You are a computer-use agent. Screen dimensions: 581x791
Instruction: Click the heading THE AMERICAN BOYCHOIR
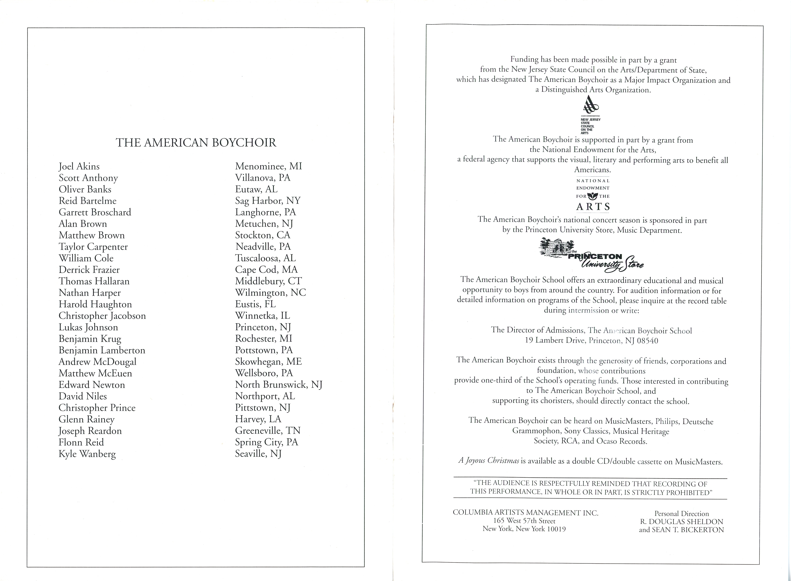coord(196,143)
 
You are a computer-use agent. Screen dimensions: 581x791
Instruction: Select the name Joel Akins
coord(79,166)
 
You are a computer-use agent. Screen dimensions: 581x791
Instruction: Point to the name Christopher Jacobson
coord(102,316)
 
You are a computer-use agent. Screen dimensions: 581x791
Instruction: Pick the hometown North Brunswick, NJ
coord(278,385)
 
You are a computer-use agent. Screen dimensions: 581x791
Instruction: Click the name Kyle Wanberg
coord(87,454)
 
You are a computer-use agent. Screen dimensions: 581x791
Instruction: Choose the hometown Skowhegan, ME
coord(268,362)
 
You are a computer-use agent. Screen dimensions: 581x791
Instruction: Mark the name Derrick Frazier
coord(89,270)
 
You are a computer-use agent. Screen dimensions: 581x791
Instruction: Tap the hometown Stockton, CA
coord(263,235)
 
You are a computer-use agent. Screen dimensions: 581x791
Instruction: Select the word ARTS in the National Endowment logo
coord(593,206)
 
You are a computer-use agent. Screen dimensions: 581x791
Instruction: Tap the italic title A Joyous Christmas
coord(489,461)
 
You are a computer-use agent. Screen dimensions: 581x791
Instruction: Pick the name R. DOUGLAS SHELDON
coord(681,522)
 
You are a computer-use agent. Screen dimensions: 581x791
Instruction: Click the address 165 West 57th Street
coord(524,521)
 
